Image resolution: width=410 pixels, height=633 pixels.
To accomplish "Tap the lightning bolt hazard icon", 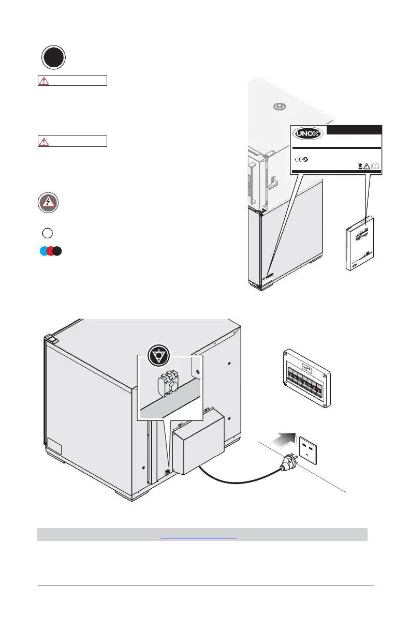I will [x=48, y=202].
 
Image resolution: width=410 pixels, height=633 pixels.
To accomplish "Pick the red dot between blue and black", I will [x=51, y=251].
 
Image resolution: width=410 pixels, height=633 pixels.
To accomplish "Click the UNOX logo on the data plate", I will [x=309, y=134].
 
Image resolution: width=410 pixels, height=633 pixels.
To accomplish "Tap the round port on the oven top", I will [x=280, y=106].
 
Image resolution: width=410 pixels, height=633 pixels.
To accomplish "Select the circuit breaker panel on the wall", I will [x=305, y=380].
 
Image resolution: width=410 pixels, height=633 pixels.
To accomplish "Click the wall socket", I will [x=310, y=449].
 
